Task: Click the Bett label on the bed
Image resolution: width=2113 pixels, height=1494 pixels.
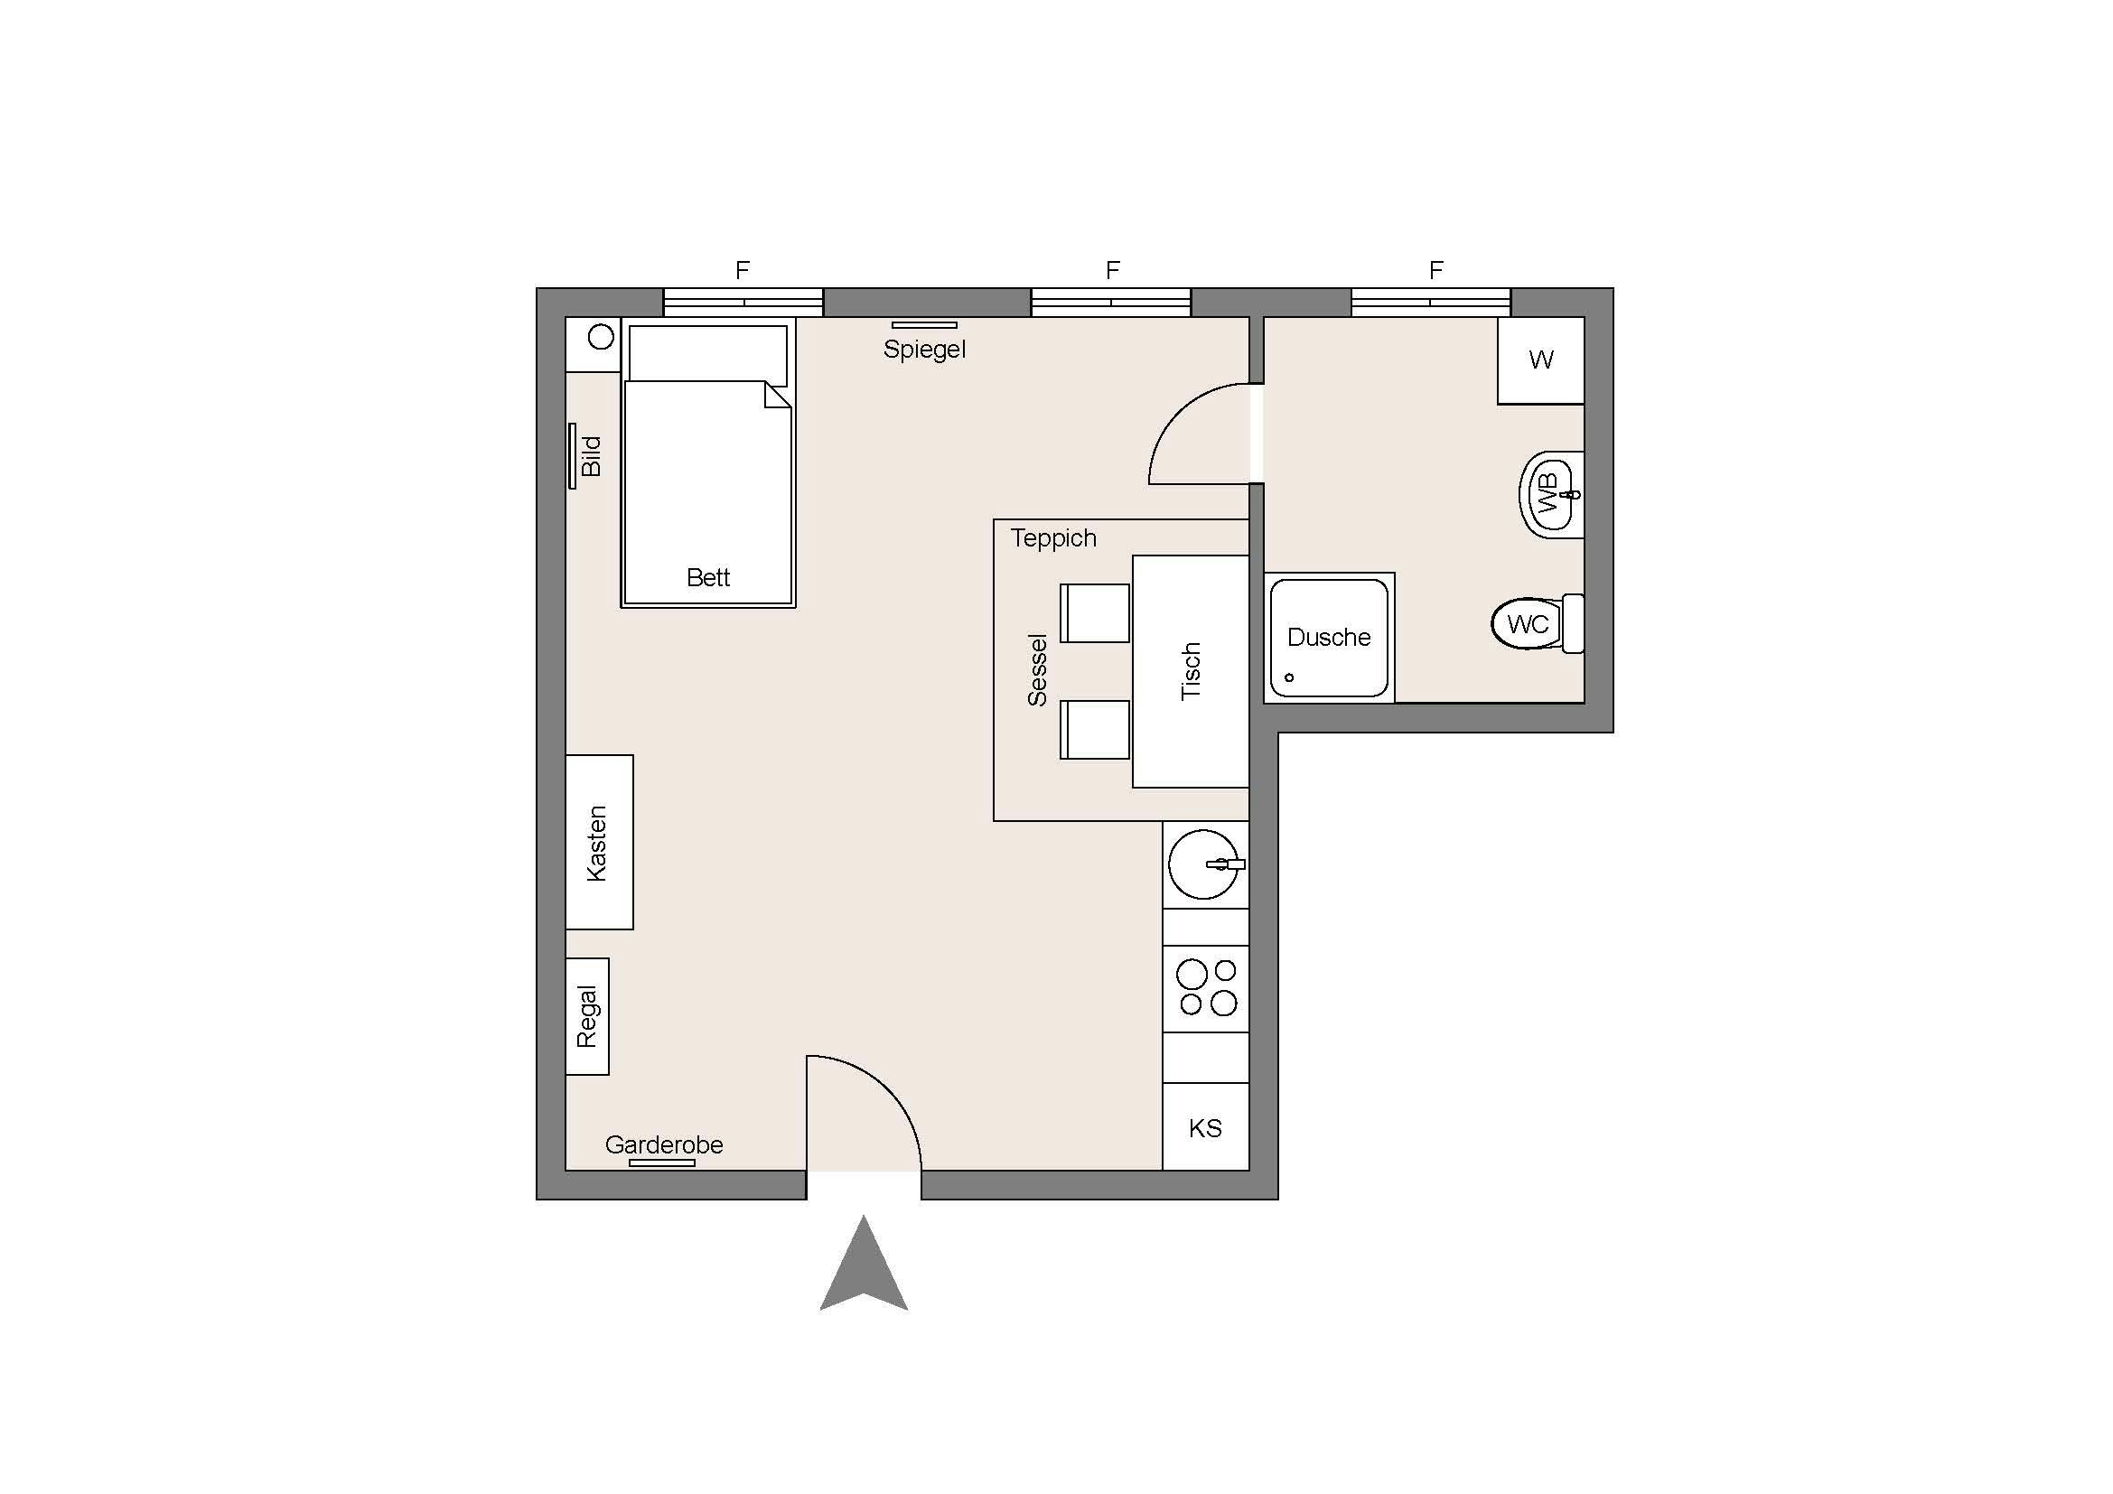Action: (707, 578)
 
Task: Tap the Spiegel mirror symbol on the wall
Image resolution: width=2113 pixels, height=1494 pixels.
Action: (924, 325)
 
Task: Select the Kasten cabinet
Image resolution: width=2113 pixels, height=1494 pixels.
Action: (599, 842)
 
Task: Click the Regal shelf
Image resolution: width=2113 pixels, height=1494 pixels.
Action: (587, 1015)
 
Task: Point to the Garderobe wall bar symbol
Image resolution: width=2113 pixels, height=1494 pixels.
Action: (661, 1163)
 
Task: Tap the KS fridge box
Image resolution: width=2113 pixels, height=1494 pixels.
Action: (1205, 1128)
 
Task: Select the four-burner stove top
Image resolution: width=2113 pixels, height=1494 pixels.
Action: (1207, 988)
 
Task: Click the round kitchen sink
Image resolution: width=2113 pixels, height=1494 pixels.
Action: (1201, 864)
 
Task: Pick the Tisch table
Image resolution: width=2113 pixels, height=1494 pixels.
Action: (1190, 671)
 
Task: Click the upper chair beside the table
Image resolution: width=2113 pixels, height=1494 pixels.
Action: (1095, 612)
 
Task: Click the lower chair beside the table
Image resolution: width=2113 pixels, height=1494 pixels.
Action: (1095, 730)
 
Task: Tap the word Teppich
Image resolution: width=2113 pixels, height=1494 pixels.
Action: (1052, 538)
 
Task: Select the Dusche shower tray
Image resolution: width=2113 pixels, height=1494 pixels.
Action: (1328, 637)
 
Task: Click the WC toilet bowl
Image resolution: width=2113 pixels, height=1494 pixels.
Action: (1528, 624)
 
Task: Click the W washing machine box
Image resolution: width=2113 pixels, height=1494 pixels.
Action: (1540, 359)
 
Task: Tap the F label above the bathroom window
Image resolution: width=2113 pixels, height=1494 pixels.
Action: (1435, 270)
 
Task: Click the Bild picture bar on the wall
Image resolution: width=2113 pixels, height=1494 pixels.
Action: (573, 456)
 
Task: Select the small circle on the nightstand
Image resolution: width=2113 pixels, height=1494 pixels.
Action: (601, 337)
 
